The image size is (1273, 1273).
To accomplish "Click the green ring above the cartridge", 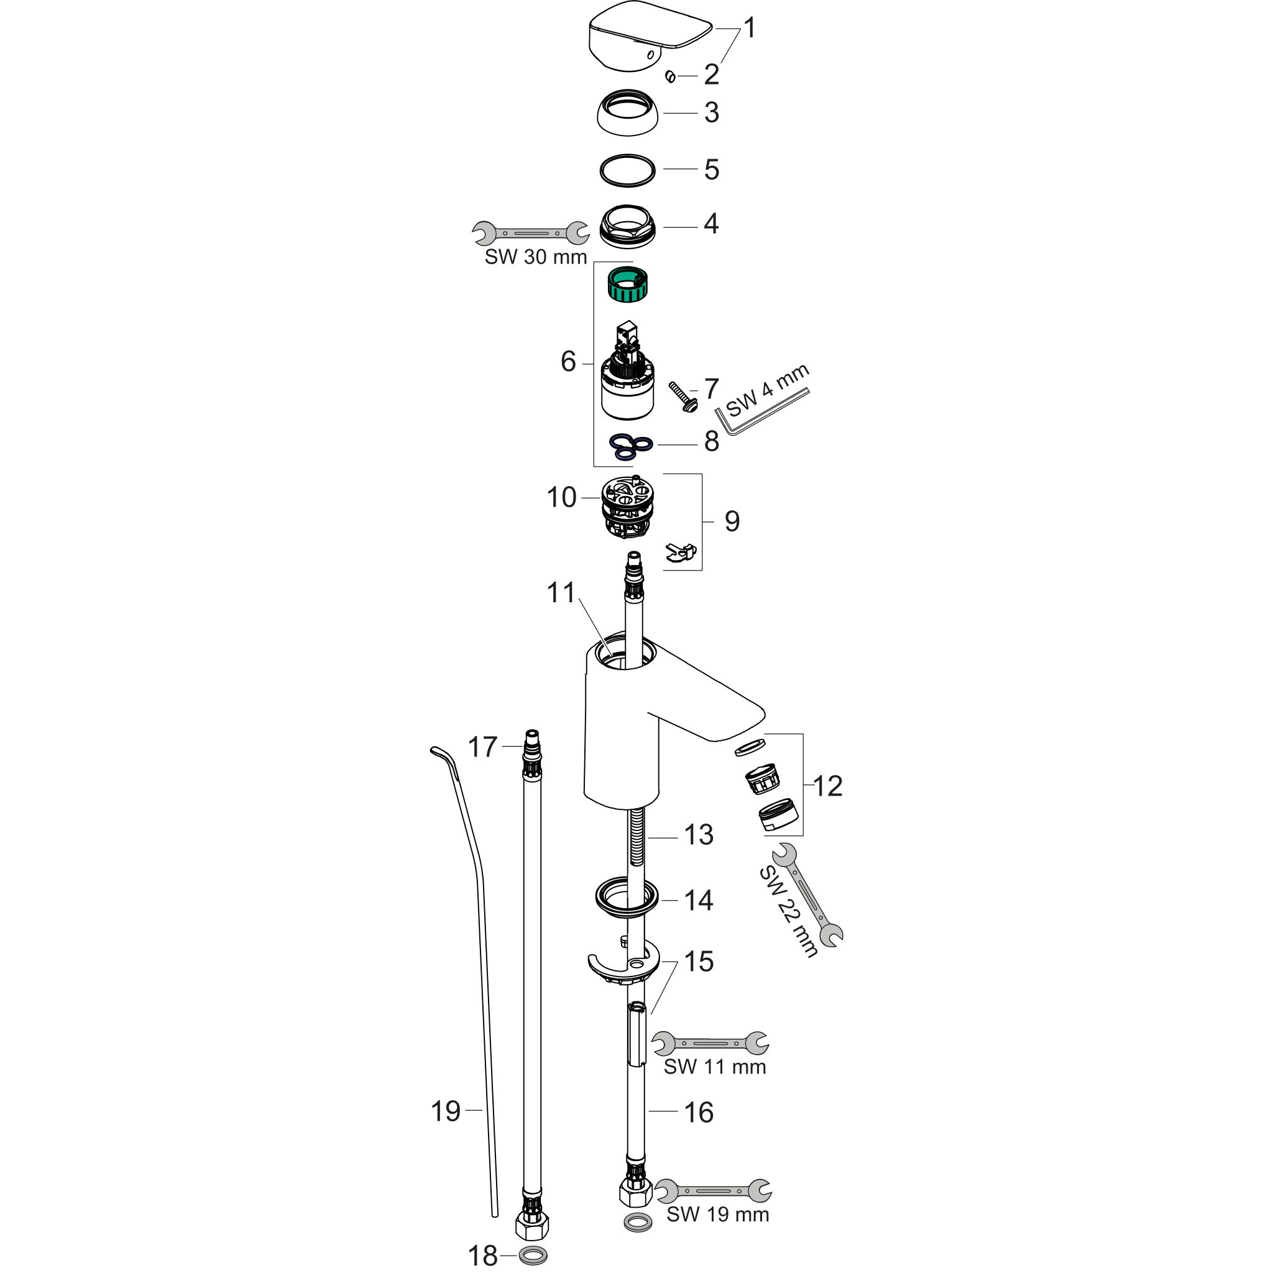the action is click(627, 285).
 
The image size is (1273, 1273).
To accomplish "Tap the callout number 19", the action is click(446, 1111).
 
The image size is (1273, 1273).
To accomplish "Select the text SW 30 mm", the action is click(536, 257).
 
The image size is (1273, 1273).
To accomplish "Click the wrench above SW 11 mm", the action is click(710, 1044).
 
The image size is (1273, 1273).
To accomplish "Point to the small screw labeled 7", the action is click(683, 397).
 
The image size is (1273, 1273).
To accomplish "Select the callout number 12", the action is click(827, 786).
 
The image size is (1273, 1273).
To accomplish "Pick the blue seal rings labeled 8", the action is click(630, 447).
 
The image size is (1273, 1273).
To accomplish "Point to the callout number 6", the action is click(568, 362).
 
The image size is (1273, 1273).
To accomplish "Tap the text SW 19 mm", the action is click(717, 1214).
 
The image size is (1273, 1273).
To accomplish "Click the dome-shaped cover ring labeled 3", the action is click(628, 113).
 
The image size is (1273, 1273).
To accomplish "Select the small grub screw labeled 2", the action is click(671, 77).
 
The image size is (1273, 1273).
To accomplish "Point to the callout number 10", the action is click(561, 497).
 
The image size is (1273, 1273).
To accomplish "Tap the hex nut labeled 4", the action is click(628, 226).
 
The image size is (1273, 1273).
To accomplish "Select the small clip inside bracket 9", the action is click(681, 553).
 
